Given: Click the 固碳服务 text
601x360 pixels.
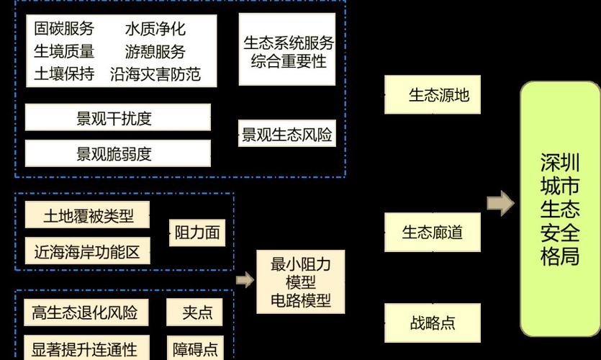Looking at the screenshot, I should click(x=64, y=29).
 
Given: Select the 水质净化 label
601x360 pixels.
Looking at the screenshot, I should click(x=155, y=29).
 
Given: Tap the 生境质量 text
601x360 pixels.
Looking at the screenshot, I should click(x=64, y=51).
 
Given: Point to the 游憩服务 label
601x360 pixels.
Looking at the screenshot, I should click(x=155, y=52).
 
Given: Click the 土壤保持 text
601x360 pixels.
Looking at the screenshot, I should click(x=64, y=74).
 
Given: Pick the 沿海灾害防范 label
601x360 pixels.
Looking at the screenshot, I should click(x=155, y=74).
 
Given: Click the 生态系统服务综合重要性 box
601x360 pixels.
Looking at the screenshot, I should click(x=288, y=51).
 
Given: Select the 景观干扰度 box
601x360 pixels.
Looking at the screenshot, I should click(x=118, y=118).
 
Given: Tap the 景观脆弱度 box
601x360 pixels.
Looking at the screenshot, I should click(x=118, y=153).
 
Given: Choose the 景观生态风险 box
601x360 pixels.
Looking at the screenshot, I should click(x=287, y=135).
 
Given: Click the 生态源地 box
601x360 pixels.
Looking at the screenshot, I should click(x=438, y=94).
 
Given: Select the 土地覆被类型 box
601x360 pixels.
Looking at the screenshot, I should click(x=88, y=215).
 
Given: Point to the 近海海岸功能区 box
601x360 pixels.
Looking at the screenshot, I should click(x=88, y=251).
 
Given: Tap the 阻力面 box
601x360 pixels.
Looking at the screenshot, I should click(x=196, y=233).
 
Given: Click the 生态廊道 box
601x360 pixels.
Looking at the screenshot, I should click(x=432, y=233).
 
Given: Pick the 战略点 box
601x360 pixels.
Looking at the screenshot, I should click(x=433, y=323).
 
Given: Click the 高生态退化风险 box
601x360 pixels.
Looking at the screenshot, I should click(x=84, y=312).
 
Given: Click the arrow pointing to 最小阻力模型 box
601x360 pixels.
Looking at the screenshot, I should click(x=245, y=280).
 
